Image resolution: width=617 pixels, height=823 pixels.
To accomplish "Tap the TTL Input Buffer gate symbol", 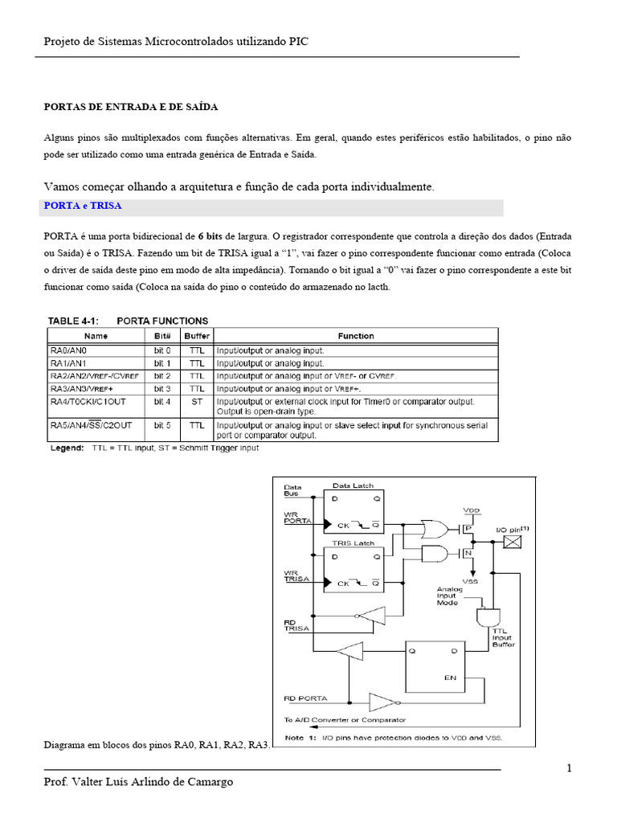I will click(487, 616).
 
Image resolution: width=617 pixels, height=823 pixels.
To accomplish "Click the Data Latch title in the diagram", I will click(353, 486).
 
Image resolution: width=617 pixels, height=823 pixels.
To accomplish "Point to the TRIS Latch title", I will click(353, 543).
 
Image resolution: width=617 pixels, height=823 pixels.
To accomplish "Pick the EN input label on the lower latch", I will click(450, 678).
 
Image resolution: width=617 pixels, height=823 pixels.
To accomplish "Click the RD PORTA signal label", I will click(304, 698).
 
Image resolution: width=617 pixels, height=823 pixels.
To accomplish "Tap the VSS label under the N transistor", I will click(471, 580).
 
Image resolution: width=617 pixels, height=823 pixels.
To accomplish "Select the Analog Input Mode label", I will click(451, 596).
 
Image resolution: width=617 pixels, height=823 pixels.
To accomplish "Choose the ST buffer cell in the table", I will click(197, 401).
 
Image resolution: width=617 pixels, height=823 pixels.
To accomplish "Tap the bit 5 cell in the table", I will click(163, 425).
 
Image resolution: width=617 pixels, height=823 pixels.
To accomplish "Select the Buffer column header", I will click(197, 336).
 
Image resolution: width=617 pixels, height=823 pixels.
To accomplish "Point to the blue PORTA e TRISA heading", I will click(83, 207).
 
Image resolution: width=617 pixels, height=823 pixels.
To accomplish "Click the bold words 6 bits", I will click(210, 235).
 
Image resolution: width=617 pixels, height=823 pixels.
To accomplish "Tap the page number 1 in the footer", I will click(569, 768).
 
